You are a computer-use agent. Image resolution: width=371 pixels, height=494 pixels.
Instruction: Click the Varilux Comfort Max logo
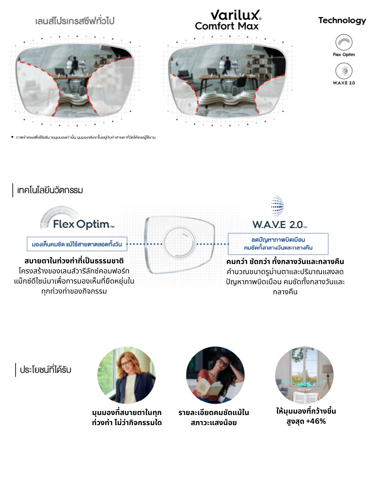point(228,20)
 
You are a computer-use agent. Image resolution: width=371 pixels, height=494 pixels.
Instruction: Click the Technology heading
point(342,21)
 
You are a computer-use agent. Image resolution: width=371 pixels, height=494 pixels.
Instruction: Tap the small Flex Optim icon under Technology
point(344,42)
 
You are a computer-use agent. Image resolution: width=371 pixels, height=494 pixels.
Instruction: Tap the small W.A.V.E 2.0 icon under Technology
point(344,71)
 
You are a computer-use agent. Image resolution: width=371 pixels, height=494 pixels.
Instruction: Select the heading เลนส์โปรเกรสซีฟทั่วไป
point(75,21)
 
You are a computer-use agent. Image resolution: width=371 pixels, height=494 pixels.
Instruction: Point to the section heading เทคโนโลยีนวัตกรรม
point(50,190)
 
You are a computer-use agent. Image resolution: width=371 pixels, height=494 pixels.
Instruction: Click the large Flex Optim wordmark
point(82,224)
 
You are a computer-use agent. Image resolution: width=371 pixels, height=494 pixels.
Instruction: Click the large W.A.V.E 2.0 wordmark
point(279,225)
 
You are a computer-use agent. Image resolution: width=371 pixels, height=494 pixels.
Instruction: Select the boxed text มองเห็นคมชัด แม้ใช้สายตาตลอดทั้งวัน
point(77,244)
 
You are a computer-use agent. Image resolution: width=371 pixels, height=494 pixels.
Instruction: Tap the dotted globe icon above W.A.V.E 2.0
point(277,206)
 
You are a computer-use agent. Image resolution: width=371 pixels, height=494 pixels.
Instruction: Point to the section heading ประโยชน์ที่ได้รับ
point(45,370)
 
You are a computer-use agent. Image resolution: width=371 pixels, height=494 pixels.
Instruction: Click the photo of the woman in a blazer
point(126,375)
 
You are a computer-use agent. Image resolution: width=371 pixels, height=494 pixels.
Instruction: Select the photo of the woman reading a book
point(215,375)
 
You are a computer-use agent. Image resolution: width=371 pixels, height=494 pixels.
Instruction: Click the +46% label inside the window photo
point(304,384)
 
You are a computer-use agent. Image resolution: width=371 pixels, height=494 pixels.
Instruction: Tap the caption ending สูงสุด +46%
point(306,416)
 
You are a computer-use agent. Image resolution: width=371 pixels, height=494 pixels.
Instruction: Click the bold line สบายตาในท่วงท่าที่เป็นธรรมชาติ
point(74,261)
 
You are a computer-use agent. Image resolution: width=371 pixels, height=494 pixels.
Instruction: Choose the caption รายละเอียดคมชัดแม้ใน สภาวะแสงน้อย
point(214,417)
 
